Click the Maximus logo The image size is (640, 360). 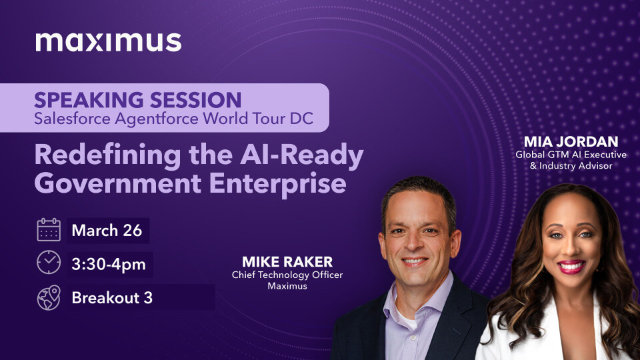point(108,41)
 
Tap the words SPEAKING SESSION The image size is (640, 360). point(138,100)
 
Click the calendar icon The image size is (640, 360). point(49,230)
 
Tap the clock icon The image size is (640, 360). point(49,263)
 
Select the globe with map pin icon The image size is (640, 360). point(49,297)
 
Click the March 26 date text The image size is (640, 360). point(107,231)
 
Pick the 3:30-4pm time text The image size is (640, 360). point(109,264)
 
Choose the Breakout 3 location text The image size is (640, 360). point(112,298)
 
